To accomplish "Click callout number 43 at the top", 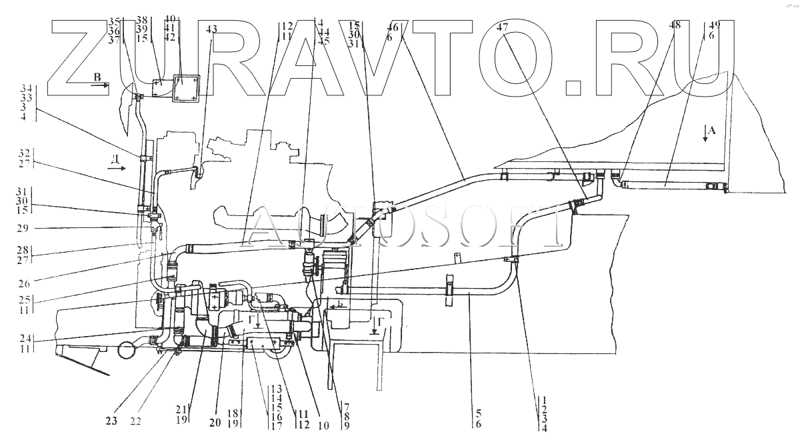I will tap(211, 29).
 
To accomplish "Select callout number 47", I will tap(503, 28).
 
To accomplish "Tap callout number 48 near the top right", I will tap(675, 25).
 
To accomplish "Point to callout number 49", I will tap(715, 25).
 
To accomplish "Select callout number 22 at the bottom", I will tap(137, 421).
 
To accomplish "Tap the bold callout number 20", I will tap(214, 421).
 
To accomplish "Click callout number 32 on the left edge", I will tap(26, 151).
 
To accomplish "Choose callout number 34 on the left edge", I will tap(26, 89).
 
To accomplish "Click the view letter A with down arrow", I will tap(711, 131).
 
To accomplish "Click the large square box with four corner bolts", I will tap(185, 89).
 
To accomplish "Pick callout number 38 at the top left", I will tap(141, 20).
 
